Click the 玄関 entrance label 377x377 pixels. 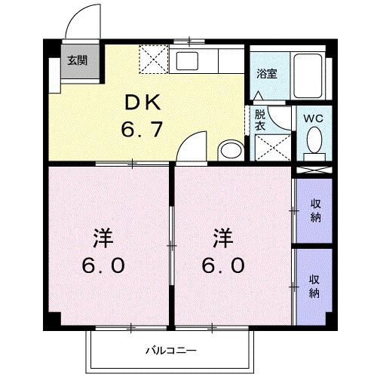76,60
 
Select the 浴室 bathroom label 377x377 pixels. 265,74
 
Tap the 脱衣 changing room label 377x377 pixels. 260,121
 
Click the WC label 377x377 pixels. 313,118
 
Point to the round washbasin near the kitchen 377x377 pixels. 229,148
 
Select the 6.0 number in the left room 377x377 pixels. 103,266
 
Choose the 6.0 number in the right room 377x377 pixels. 222,266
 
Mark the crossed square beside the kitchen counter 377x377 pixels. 156,59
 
